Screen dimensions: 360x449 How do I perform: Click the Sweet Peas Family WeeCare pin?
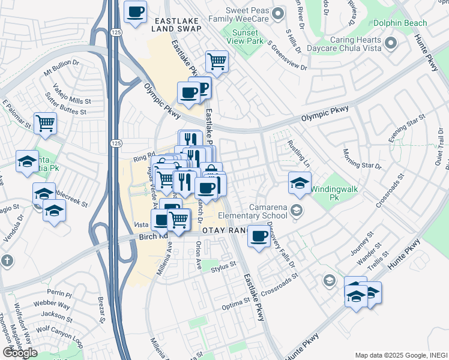click(x=277, y=13)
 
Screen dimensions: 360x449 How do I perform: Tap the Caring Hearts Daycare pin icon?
click(x=391, y=43)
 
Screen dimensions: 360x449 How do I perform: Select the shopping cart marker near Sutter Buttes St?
click(x=46, y=123)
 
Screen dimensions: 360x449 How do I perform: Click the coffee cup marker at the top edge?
click(x=135, y=11)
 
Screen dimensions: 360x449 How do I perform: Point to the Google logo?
click(x=19, y=353)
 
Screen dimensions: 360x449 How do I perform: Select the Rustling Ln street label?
click(x=298, y=152)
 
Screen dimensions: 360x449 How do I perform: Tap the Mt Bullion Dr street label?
click(x=62, y=67)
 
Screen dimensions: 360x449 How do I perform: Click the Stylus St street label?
click(x=225, y=271)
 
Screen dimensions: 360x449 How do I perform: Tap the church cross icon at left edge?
click(x=7, y=261)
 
